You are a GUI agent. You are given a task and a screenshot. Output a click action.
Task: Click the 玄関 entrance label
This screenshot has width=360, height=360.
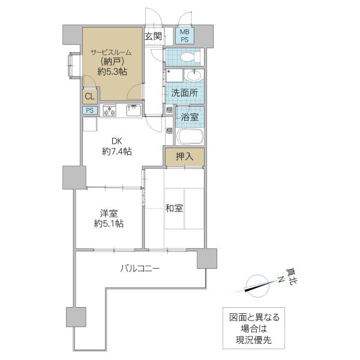[x=153, y=36]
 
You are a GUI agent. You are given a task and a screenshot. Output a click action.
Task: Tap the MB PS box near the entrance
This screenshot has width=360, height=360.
[x=184, y=35]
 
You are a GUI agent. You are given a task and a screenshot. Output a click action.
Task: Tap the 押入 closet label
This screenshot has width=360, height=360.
[x=184, y=157]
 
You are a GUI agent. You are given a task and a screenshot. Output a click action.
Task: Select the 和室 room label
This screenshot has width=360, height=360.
[x=174, y=208]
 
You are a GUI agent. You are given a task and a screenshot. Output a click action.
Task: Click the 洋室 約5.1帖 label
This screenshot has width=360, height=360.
[x=109, y=218]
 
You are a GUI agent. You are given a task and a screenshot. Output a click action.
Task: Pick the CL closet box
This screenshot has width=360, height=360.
[x=89, y=96]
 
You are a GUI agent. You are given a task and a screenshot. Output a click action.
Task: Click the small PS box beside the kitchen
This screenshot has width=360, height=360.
[x=89, y=110]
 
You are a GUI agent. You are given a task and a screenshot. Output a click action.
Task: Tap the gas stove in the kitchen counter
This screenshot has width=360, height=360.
[x=110, y=110]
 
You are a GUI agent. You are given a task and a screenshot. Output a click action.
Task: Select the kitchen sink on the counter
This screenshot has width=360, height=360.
[x=133, y=110]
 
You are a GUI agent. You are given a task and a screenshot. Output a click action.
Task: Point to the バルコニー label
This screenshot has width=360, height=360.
[x=139, y=269]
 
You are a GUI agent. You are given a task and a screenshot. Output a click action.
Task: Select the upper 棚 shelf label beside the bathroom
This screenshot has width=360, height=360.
[x=169, y=110]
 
